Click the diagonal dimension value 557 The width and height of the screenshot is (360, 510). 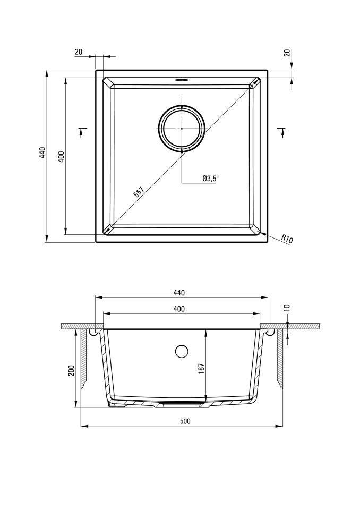(139, 192)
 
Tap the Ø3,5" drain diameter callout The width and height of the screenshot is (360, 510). (210, 178)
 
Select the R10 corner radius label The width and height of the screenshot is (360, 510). (287, 239)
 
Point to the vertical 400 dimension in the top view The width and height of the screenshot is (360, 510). (62, 157)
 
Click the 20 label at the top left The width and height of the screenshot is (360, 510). (79, 52)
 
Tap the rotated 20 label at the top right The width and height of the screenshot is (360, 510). (287, 53)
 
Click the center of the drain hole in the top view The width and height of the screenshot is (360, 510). (182, 129)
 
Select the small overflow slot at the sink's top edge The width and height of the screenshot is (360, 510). (182, 80)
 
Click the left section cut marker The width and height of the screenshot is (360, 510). (82, 132)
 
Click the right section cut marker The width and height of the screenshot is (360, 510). (282, 132)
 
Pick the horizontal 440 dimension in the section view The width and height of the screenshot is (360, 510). (179, 293)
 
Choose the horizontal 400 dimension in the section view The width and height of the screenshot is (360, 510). (179, 309)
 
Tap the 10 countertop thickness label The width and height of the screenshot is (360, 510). (287, 308)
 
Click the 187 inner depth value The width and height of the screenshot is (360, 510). (201, 368)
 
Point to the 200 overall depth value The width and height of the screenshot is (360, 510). (72, 370)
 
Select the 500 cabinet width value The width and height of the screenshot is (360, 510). (185, 421)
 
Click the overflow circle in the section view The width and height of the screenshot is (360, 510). (182, 351)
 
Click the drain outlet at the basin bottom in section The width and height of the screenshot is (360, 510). (182, 404)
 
